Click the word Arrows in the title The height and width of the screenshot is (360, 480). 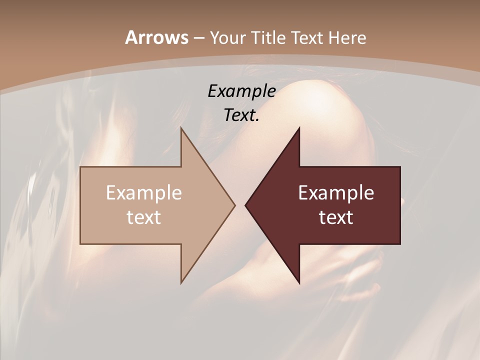tap(156, 37)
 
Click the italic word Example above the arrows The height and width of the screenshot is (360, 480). tap(241, 91)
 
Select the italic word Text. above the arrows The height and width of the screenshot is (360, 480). tap(241, 115)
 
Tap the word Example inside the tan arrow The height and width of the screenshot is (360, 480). tap(144, 193)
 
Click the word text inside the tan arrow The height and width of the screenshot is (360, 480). tap(144, 217)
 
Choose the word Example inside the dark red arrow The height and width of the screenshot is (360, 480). tap(336, 193)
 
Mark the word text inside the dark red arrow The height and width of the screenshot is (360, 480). tap(336, 217)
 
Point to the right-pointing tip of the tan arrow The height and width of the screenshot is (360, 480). tap(234, 205)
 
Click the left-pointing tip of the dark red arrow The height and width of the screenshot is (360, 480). tap(245, 205)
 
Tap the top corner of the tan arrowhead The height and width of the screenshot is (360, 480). tap(181, 128)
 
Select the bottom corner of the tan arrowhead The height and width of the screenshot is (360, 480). tap(181, 283)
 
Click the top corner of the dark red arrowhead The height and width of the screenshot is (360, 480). tap(299, 128)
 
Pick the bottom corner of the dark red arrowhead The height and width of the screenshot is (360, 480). tap(299, 283)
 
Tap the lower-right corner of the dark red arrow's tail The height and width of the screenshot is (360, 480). tap(400, 243)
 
